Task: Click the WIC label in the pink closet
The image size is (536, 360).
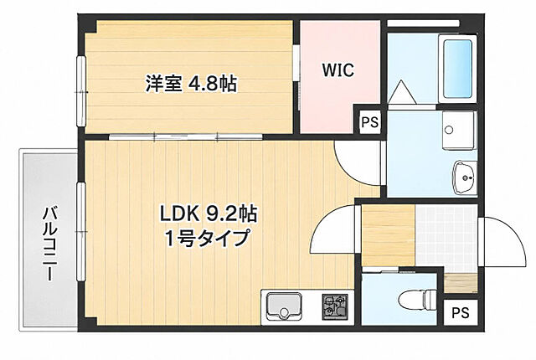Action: click(338, 70)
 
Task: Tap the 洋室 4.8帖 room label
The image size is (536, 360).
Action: click(191, 83)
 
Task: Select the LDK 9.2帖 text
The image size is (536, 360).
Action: click(209, 213)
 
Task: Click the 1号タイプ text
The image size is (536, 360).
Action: click(207, 238)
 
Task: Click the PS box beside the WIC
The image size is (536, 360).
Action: click(370, 122)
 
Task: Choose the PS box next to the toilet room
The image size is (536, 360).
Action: click(461, 312)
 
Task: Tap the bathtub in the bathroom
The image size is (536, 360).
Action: click(457, 69)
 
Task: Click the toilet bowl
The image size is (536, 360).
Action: click(417, 300)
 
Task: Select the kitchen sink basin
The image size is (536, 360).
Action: click(283, 306)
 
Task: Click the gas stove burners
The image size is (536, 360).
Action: click(334, 307)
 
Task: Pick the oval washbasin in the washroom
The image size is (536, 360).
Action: click(465, 177)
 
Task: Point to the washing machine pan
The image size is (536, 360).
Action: click(458, 131)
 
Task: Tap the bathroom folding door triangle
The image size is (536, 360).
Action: click(402, 91)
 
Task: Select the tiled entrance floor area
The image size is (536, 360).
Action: click(446, 234)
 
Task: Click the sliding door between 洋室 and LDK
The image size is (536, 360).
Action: click(186, 137)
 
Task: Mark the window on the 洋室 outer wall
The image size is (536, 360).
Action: click(81, 91)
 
